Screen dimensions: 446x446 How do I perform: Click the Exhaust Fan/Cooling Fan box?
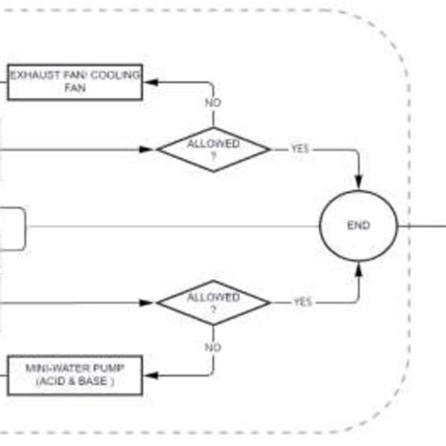tap(75, 82)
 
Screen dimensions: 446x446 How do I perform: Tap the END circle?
tap(358, 226)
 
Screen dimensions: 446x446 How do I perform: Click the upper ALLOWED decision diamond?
tap(213, 149)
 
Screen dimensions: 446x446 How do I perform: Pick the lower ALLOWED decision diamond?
tap(213, 302)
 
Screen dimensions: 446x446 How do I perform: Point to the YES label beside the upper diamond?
tap(299, 149)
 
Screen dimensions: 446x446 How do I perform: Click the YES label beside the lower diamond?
tap(302, 302)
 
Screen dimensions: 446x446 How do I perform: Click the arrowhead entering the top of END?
tap(358, 183)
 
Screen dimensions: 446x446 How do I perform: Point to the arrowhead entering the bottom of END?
tap(358, 269)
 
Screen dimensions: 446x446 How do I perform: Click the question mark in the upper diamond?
tap(213, 156)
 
